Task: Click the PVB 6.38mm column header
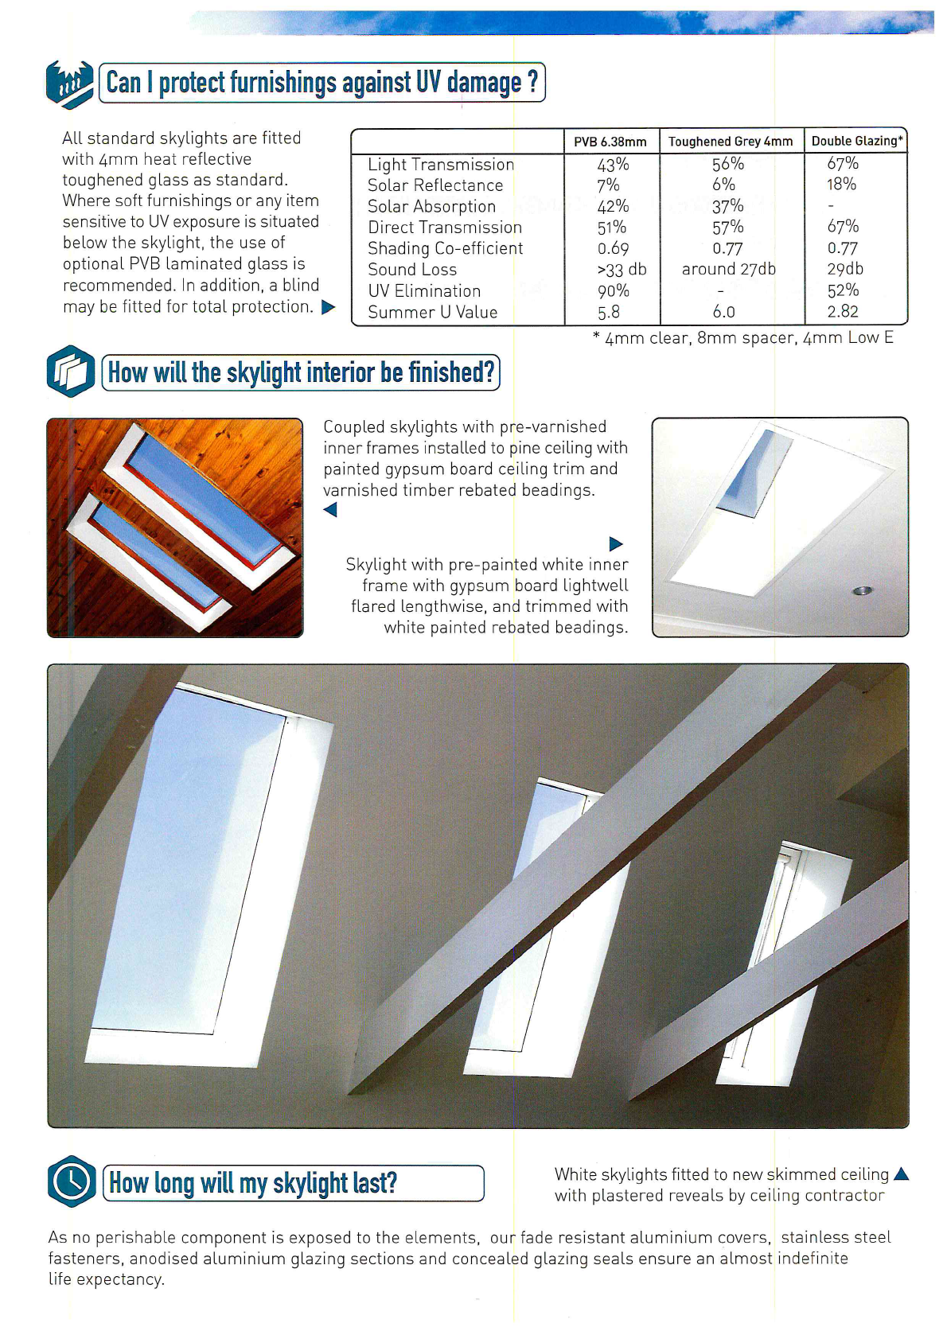[610, 142]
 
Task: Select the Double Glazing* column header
[856, 141]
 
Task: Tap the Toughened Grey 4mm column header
[730, 142]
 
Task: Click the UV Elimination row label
[424, 291]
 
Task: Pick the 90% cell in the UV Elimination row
[613, 291]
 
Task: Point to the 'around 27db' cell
[728, 270]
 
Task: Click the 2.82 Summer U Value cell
[842, 312]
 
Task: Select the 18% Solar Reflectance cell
[841, 185]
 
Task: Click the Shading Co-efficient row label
[445, 248]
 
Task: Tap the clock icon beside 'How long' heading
[72, 1181]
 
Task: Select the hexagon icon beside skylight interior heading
[71, 372]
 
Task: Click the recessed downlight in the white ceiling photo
[862, 590]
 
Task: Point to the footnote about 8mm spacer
[743, 338]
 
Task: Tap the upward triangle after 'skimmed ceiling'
[901, 1174]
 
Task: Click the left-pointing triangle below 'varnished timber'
[330, 510]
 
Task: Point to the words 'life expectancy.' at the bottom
[107, 1279]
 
